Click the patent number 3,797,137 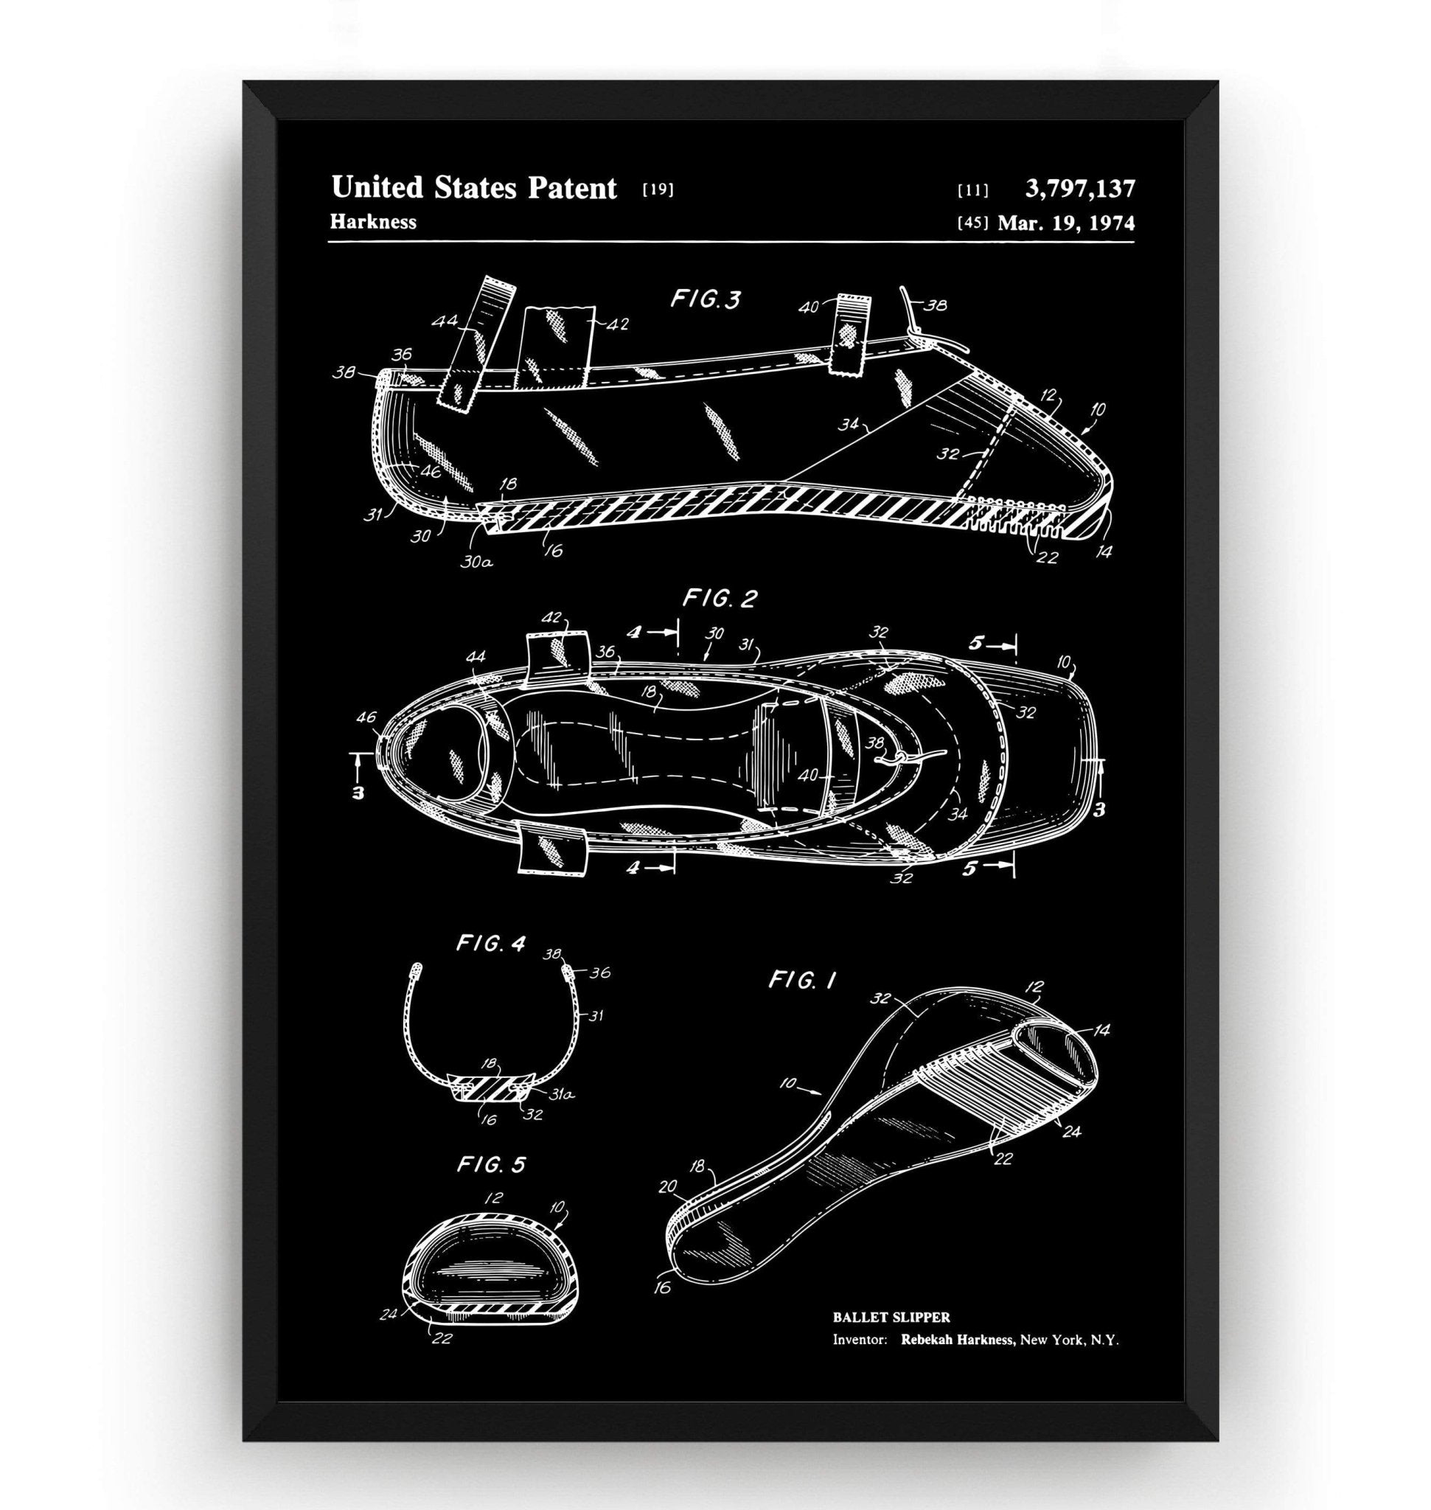1080,189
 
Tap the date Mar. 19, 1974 1065,223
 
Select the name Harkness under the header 373,221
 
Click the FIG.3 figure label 706,299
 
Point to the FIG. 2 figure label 720,599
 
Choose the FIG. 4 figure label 490,944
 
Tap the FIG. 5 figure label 491,1165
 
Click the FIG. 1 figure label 801,981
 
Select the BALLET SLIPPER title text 891,1317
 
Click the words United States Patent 473,188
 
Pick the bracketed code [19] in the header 658,189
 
